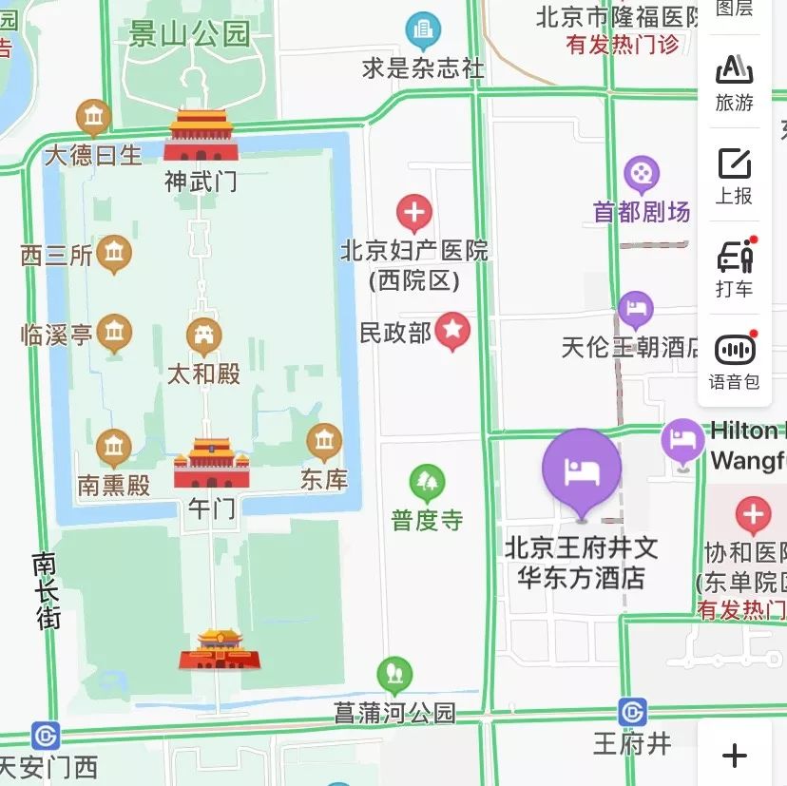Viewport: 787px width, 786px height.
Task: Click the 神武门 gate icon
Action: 200,136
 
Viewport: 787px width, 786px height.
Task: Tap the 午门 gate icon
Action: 211,464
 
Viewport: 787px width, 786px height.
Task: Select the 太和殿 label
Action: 203,373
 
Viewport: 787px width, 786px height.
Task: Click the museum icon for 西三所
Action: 114,253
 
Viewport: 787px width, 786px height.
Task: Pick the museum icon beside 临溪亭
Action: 114,332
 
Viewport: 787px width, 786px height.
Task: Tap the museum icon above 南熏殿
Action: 113,447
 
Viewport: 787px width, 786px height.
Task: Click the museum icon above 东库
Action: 324,440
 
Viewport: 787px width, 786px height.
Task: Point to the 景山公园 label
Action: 189,35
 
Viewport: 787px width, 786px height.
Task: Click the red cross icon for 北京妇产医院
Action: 413,213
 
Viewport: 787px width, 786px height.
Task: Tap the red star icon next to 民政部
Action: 452,330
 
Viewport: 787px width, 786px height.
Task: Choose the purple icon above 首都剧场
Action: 642,174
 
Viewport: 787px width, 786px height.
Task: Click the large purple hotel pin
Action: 582,469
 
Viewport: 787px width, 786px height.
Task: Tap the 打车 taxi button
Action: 734,267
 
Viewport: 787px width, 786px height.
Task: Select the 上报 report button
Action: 734,176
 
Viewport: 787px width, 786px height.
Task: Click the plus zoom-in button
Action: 734,756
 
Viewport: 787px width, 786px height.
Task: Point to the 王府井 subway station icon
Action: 632,712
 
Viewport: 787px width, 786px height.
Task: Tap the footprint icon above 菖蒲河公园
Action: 394,675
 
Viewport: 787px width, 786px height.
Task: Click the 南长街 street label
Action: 46,591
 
